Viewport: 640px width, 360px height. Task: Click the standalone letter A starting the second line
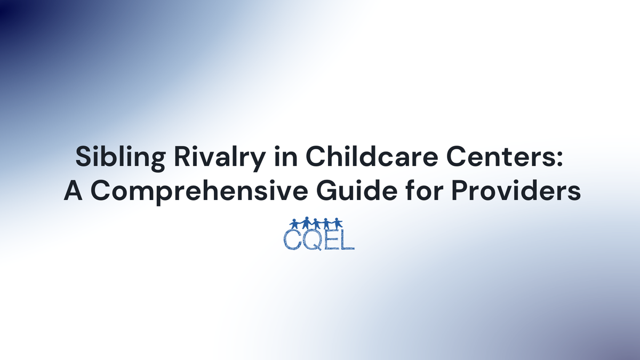72,190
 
